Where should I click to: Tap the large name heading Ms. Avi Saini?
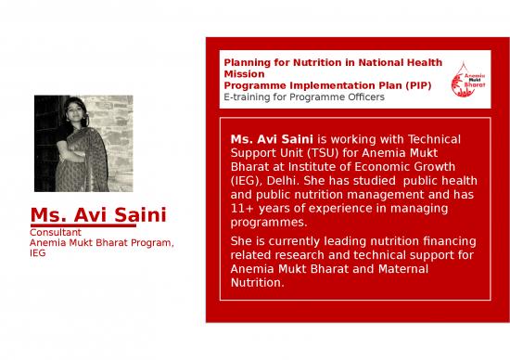coord(98,215)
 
